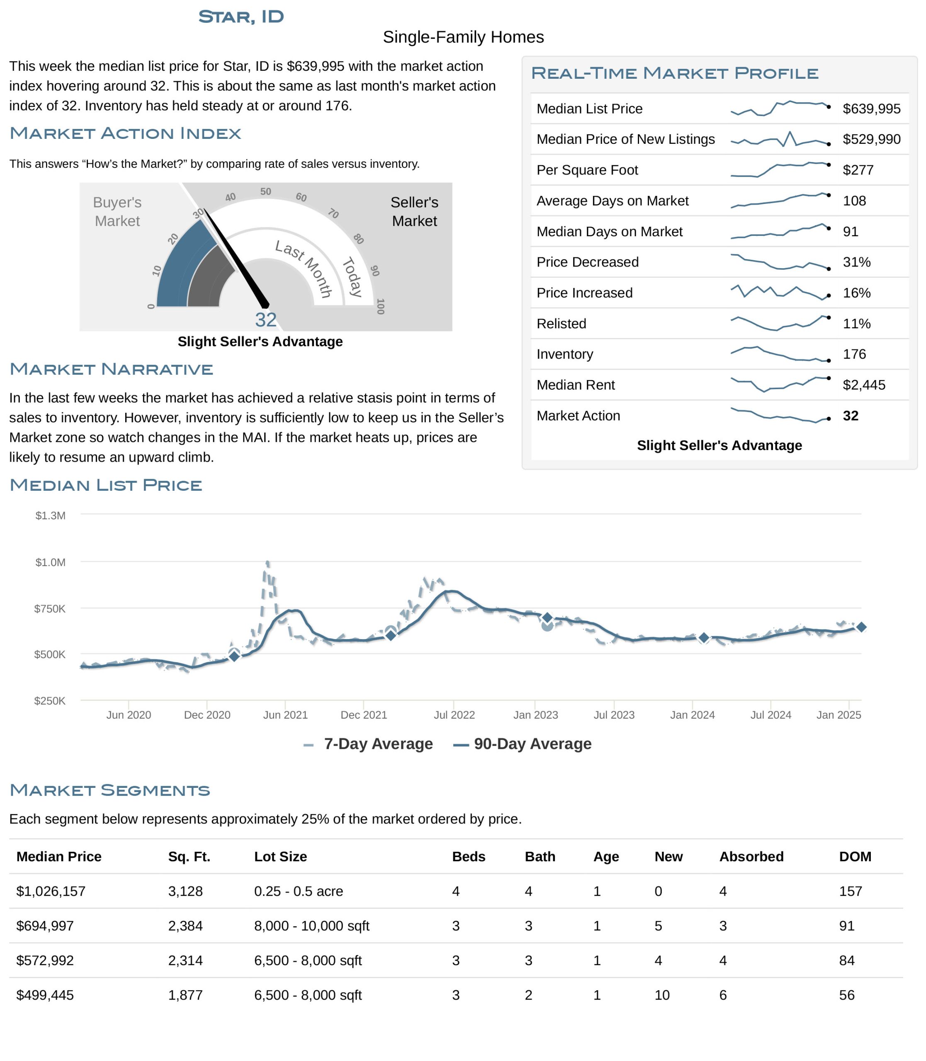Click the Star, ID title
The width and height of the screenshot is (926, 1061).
pos(241,17)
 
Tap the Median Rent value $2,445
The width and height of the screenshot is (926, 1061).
pos(863,385)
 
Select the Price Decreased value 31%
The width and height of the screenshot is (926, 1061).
pos(856,262)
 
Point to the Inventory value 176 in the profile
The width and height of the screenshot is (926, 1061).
pos(854,354)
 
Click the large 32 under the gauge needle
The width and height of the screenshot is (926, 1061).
pos(265,320)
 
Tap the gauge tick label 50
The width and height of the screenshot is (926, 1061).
pos(265,191)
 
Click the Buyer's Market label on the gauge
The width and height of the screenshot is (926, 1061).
pos(117,211)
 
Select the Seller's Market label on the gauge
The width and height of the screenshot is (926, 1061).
pos(414,211)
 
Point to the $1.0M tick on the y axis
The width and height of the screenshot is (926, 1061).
pos(50,562)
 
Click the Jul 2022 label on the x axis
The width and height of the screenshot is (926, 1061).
pos(454,715)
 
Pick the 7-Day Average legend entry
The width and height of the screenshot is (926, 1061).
pos(368,744)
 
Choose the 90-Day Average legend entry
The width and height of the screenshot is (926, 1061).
pos(522,744)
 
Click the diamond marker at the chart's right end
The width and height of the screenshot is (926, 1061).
pos(861,627)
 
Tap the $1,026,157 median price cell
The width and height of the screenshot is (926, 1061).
pos(51,891)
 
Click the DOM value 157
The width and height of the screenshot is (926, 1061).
pos(851,891)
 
